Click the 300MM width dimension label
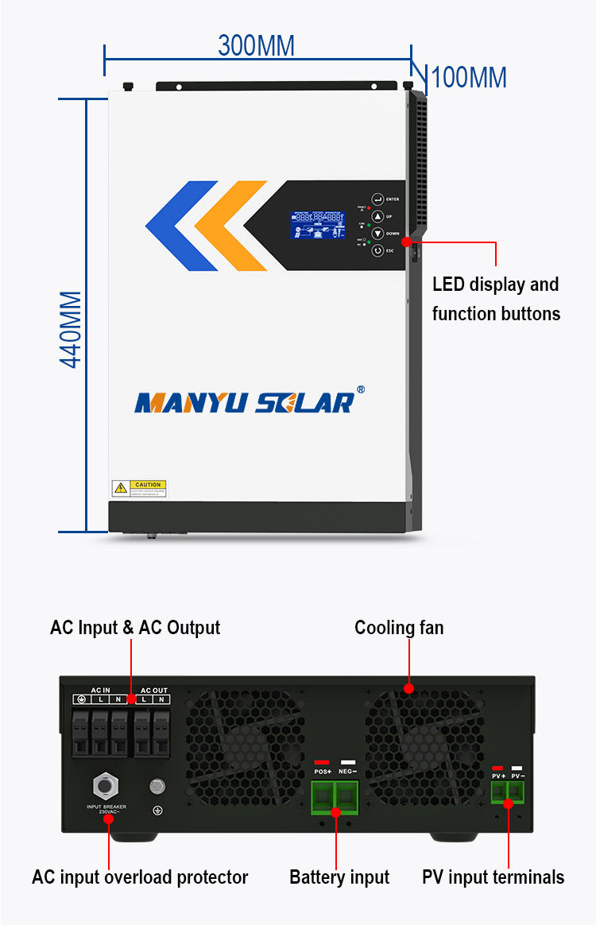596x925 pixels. (x=256, y=45)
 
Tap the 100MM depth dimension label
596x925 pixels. (x=468, y=78)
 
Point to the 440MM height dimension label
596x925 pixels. (x=72, y=329)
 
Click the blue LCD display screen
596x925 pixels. (x=318, y=225)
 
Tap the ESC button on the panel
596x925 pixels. (x=378, y=250)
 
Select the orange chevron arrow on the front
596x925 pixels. (x=230, y=226)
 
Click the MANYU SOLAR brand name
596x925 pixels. (x=245, y=402)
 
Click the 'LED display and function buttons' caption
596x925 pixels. (x=496, y=299)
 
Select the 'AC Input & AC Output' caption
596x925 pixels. (x=135, y=627)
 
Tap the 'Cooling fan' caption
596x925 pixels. (x=399, y=628)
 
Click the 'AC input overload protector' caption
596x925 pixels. (x=140, y=877)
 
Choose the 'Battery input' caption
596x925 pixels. (x=339, y=877)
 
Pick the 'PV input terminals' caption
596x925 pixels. (x=493, y=877)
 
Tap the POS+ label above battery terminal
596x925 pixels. (x=322, y=772)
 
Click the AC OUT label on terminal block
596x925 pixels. (x=154, y=690)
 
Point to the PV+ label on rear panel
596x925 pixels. (x=498, y=776)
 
